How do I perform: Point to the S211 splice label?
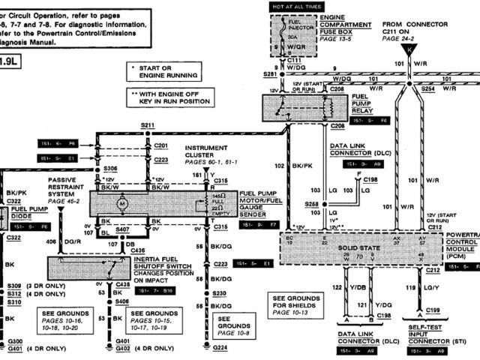[147, 126]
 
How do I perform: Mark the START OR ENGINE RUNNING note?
[166, 70]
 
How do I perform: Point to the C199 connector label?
[432, 309]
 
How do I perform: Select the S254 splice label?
[428, 88]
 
